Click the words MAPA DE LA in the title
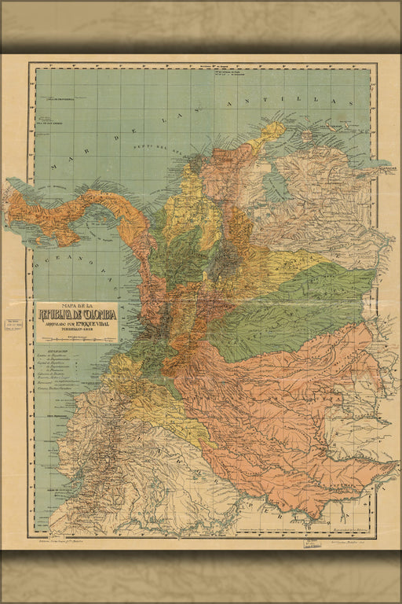pyautogui.click(x=77, y=307)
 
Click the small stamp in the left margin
pyautogui.click(x=13, y=326)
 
